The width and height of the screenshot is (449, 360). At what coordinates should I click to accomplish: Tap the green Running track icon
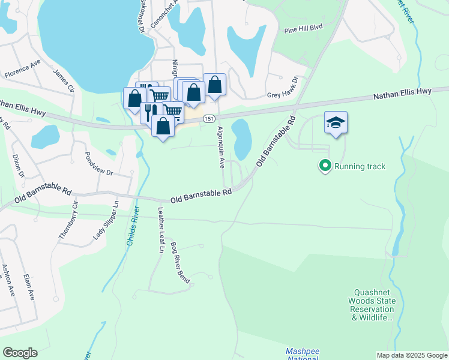click(325, 166)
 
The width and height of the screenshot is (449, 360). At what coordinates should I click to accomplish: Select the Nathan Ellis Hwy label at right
click(402, 93)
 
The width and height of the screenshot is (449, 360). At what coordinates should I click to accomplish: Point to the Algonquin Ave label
click(221, 146)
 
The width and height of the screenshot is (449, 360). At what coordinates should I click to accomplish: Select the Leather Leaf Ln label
click(161, 230)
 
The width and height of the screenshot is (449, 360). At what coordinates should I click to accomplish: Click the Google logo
click(20, 352)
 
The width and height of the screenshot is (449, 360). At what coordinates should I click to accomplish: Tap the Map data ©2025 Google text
click(412, 355)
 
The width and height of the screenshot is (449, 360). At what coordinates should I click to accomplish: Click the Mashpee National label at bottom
click(301, 353)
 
